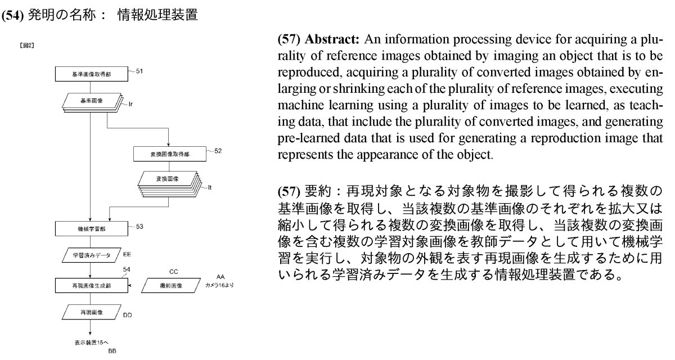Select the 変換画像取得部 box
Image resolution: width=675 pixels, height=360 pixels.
[x=169, y=153]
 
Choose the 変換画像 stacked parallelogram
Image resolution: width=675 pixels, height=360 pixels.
[x=166, y=178]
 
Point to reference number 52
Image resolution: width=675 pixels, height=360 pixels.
[x=218, y=150]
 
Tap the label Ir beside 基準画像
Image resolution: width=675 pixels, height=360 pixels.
[x=131, y=105]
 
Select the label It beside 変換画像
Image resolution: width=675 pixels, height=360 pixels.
[x=210, y=186]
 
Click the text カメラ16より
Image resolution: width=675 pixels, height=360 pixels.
[x=219, y=285]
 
